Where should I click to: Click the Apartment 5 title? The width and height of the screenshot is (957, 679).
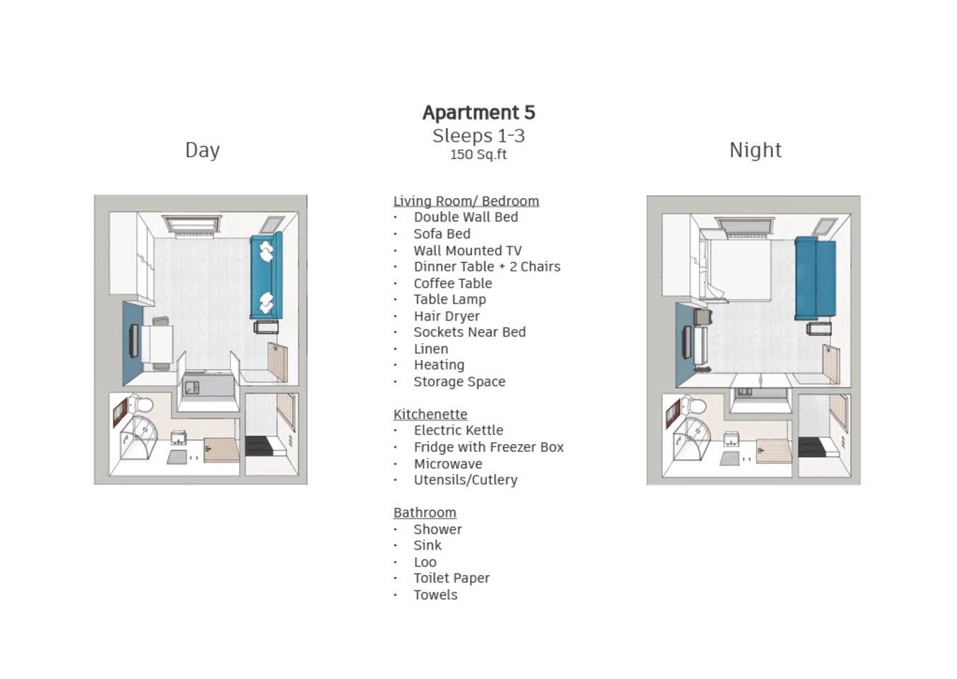[478, 112]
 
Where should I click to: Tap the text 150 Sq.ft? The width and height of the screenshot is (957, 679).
[478, 154]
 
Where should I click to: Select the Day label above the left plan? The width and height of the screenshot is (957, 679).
[203, 151]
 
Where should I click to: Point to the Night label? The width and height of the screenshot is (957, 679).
[756, 150]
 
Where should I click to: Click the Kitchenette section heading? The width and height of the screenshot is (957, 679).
[430, 414]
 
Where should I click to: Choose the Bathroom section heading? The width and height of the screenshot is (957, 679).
[425, 512]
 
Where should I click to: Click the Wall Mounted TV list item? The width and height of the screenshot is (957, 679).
[467, 250]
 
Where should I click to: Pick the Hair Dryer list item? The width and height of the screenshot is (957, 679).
[447, 316]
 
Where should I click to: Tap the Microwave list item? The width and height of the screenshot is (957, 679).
[447, 463]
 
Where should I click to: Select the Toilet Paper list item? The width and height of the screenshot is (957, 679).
[452, 578]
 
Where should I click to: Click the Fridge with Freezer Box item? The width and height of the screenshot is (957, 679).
[488, 447]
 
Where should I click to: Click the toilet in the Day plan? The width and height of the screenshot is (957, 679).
[141, 404]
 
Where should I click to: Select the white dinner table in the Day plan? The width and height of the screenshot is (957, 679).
[157, 344]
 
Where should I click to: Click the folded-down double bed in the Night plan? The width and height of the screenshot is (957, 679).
[739, 269]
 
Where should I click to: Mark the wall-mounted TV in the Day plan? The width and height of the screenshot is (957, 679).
[134, 341]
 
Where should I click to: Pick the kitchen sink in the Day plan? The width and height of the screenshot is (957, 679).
[192, 388]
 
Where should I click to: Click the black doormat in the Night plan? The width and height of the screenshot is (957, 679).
[811, 447]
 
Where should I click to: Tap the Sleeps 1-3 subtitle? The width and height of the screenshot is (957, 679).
[478, 136]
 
